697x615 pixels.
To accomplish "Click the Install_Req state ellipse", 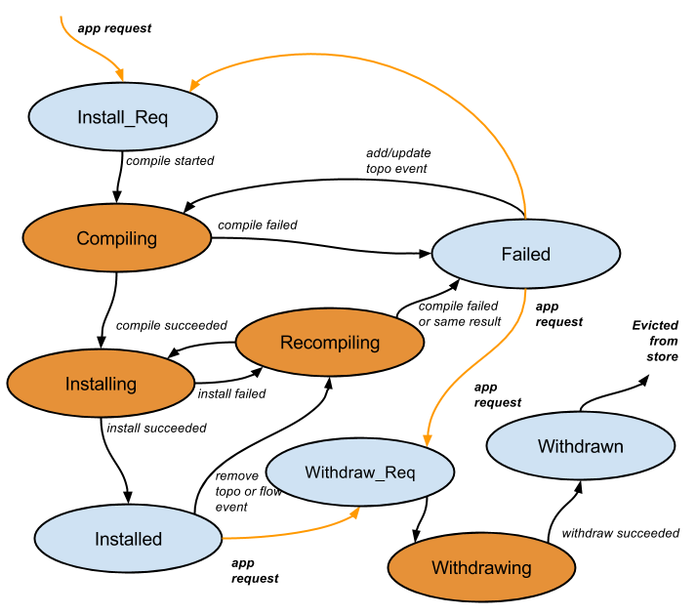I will pyautogui.click(x=122, y=117).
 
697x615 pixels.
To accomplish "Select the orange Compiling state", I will pyautogui.click(x=117, y=238).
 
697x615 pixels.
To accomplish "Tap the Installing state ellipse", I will pyautogui.click(x=101, y=384).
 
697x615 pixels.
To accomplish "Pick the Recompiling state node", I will pyautogui.click(x=330, y=343).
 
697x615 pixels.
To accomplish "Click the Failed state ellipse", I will pyautogui.click(x=526, y=254).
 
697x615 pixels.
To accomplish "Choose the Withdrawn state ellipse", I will pyautogui.click(x=581, y=446).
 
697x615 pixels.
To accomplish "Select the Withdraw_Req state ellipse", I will pyautogui.click(x=360, y=472).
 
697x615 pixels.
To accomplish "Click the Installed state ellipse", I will pyautogui.click(x=128, y=539).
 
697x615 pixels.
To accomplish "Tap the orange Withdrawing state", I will pyautogui.click(x=481, y=567).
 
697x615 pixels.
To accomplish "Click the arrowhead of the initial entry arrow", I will pyautogui.click(x=120, y=76).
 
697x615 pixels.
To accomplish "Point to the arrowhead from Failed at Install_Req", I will pyautogui.click(x=195, y=85).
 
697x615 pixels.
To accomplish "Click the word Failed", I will pyautogui.click(x=526, y=254).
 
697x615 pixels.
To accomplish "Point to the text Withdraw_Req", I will pyautogui.click(x=360, y=472).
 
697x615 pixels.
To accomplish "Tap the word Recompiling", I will pyautogui.click(x=330, y=343).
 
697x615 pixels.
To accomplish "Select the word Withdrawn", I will pyautogui.click(x=581, y=446).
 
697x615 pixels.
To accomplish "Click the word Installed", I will pyautogui.click(x=128, y=539).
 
